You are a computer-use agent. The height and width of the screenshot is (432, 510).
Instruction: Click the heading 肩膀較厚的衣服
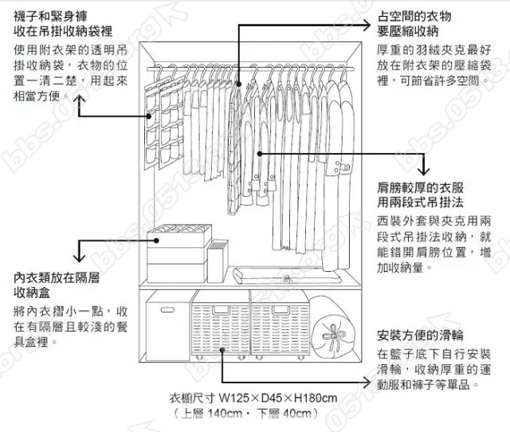pyautogui.click(x=420, y=189)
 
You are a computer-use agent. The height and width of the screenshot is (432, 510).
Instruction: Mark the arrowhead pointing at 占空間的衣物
pyautogui.click(x=367, y=24)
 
